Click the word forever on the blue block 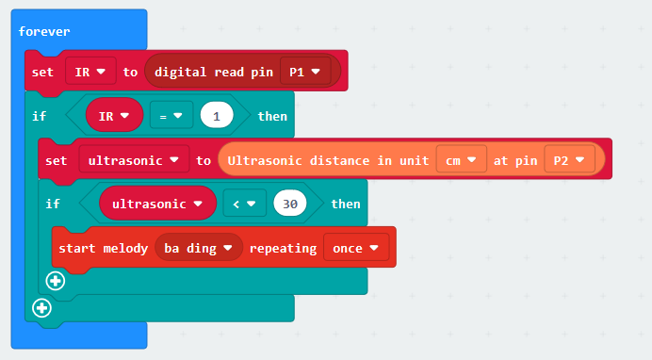point(44,32)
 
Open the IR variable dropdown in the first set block point(90,72)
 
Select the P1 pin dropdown point(305,72)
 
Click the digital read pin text point(214,73)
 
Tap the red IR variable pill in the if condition point(114,115)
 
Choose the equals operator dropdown point(171,116)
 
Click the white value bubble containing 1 point(217,116)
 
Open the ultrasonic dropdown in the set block point(134,160)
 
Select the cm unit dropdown point(461,159)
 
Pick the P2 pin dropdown point(569,159)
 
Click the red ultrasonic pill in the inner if point(157,204)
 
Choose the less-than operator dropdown point(245,204)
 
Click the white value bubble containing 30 point(290,204)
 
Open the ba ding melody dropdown point(199,248)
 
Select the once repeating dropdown point(356,248)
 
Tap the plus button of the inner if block point(56,281)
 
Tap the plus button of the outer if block point(41,308)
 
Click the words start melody point(103,249)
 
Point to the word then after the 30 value point(346,205)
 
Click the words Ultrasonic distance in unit point(328,160)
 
